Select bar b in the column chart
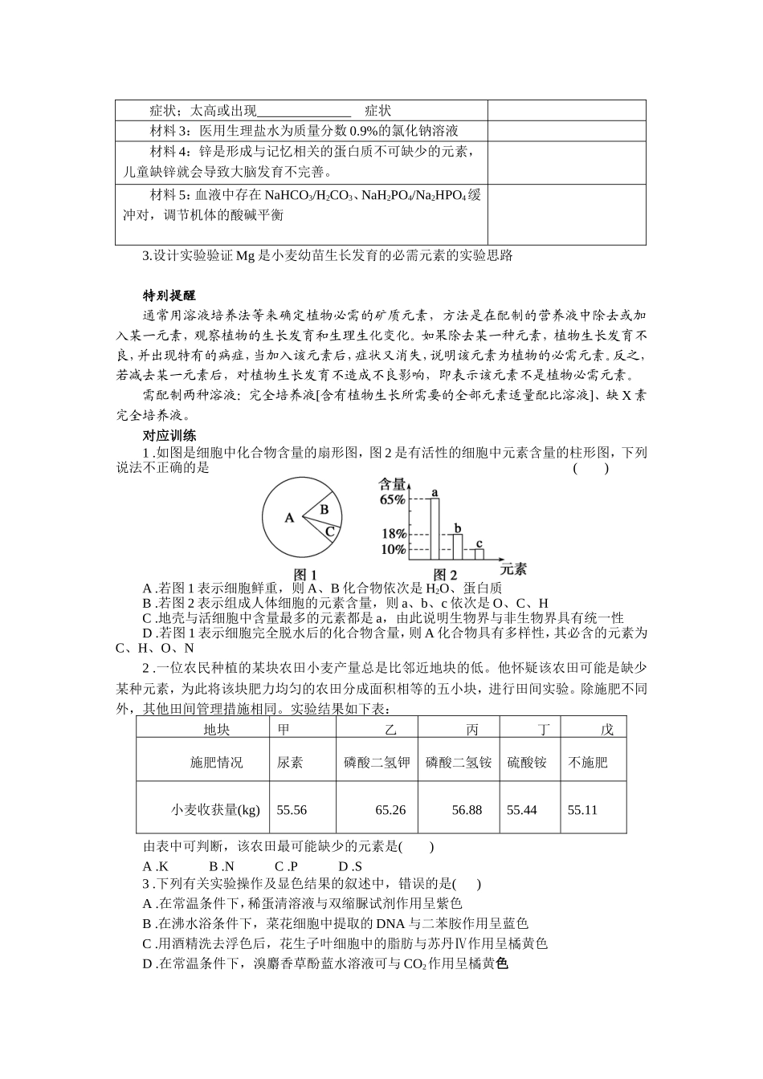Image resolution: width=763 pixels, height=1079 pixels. (457, 546)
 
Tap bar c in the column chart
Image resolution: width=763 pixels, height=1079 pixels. (479, 553)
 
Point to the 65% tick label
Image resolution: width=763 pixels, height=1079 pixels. (393, 499)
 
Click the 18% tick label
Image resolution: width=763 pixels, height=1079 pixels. (393, 534)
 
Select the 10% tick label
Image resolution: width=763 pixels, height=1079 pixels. (393, 550)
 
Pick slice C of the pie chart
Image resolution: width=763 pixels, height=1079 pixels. (329, 529)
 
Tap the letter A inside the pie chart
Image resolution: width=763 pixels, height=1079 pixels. (289, 519)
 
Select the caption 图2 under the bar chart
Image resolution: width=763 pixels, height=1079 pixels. (445, 575)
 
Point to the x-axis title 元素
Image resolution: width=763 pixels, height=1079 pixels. (513, 569)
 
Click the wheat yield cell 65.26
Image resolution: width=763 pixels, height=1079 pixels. (390, 810)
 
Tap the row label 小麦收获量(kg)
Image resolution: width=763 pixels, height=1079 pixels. (216, 810)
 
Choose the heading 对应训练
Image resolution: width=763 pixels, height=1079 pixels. (169, 436)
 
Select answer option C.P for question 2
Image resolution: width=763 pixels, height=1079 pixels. (286, 866)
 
